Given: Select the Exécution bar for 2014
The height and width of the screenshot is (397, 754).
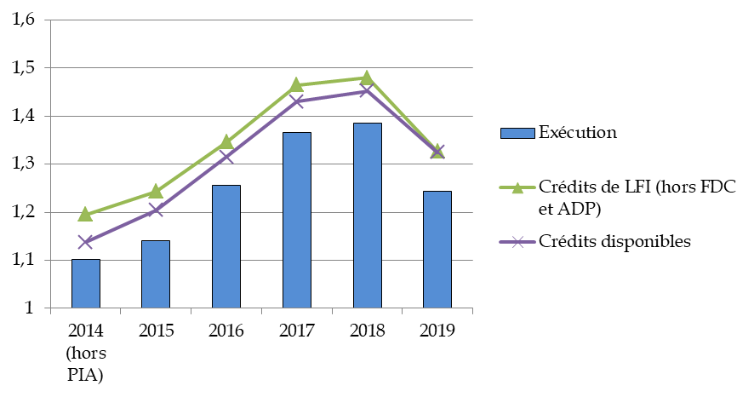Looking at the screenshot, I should point(85,283).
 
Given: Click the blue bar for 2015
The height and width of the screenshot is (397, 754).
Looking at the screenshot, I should point(156,273).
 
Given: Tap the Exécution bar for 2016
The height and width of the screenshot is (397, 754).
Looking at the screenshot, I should point(226,246).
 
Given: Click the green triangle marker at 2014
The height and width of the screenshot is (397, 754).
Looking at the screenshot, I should point(85,214).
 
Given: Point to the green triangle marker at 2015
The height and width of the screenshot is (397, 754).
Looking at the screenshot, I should point(156,192).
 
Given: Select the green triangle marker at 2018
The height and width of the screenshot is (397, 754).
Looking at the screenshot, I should point(367,78).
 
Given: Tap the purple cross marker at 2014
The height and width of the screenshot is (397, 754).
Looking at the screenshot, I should point(85,242).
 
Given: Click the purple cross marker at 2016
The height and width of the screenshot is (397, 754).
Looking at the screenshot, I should point(226,156).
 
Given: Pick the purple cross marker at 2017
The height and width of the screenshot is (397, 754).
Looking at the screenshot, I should point(297,101).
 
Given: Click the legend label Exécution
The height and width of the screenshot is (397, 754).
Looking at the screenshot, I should point(577,132).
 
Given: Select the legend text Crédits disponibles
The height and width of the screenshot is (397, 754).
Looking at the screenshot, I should point(614,241).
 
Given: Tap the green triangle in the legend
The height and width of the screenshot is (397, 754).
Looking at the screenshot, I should point(516,187).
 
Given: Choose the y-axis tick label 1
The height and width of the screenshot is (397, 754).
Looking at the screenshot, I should point(31,308).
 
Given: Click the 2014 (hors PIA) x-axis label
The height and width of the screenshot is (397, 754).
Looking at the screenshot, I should point(85,352).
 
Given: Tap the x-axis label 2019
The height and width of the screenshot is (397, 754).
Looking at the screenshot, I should point(437,330).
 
